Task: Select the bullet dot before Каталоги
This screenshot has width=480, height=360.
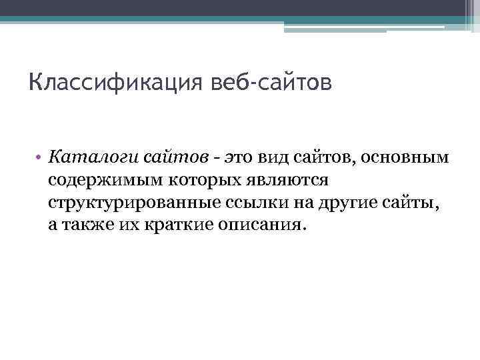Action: (39, 159)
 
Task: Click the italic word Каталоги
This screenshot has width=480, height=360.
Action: (83, 159)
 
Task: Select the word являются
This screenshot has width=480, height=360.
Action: (286, 181)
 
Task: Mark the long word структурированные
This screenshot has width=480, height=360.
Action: (129, 203)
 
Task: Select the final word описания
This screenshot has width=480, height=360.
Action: (263, 225)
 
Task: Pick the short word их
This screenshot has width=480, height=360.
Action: (127, 225)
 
